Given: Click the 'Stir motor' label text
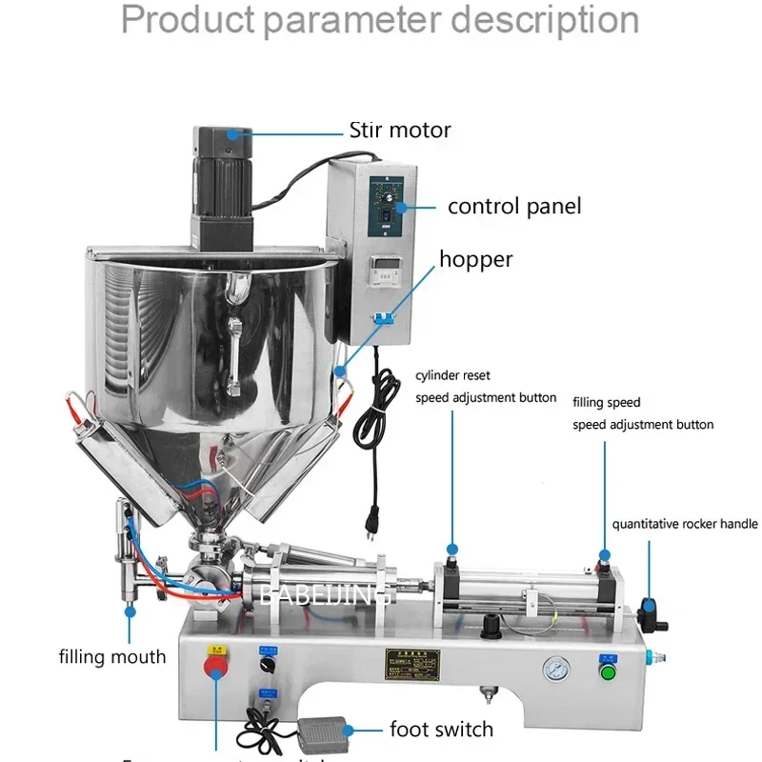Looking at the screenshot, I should point(400,130).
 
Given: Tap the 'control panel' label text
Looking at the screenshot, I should point(514,206).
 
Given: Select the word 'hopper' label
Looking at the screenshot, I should point(475,259).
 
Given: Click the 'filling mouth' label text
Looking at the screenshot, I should point(112,656).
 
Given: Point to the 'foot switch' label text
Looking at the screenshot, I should point(441,730).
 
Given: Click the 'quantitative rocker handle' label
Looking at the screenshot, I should point(685,523).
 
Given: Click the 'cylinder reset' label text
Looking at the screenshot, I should point(453,375).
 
